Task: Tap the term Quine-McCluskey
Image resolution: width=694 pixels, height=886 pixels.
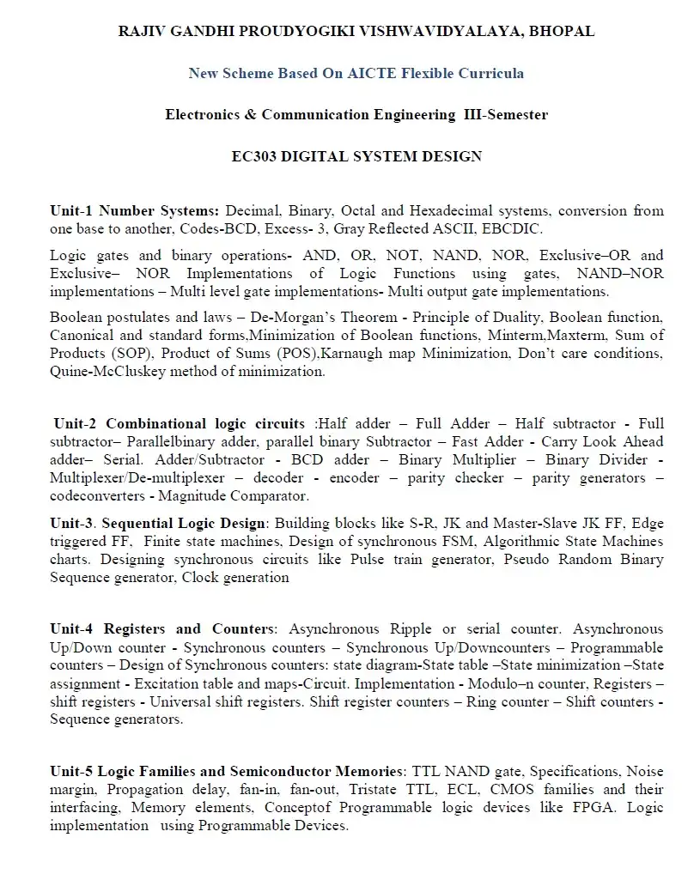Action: point(109,372)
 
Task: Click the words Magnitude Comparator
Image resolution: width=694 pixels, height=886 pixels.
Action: point(233,495)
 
